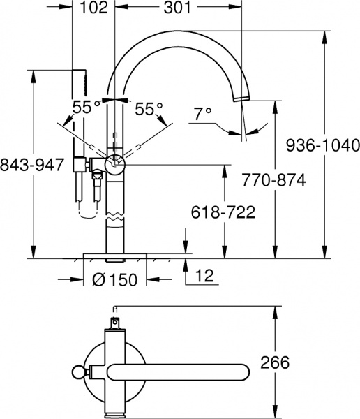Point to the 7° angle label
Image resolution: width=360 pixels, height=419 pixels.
point(202,114)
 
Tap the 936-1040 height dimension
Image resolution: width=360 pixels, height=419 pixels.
point(323,145)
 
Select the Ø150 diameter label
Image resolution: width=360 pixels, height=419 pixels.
point(114,280)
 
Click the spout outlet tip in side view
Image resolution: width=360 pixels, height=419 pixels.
point(241,98)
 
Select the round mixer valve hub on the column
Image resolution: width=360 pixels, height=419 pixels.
point(113,165)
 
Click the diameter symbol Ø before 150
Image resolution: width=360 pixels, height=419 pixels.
point(98,280)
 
